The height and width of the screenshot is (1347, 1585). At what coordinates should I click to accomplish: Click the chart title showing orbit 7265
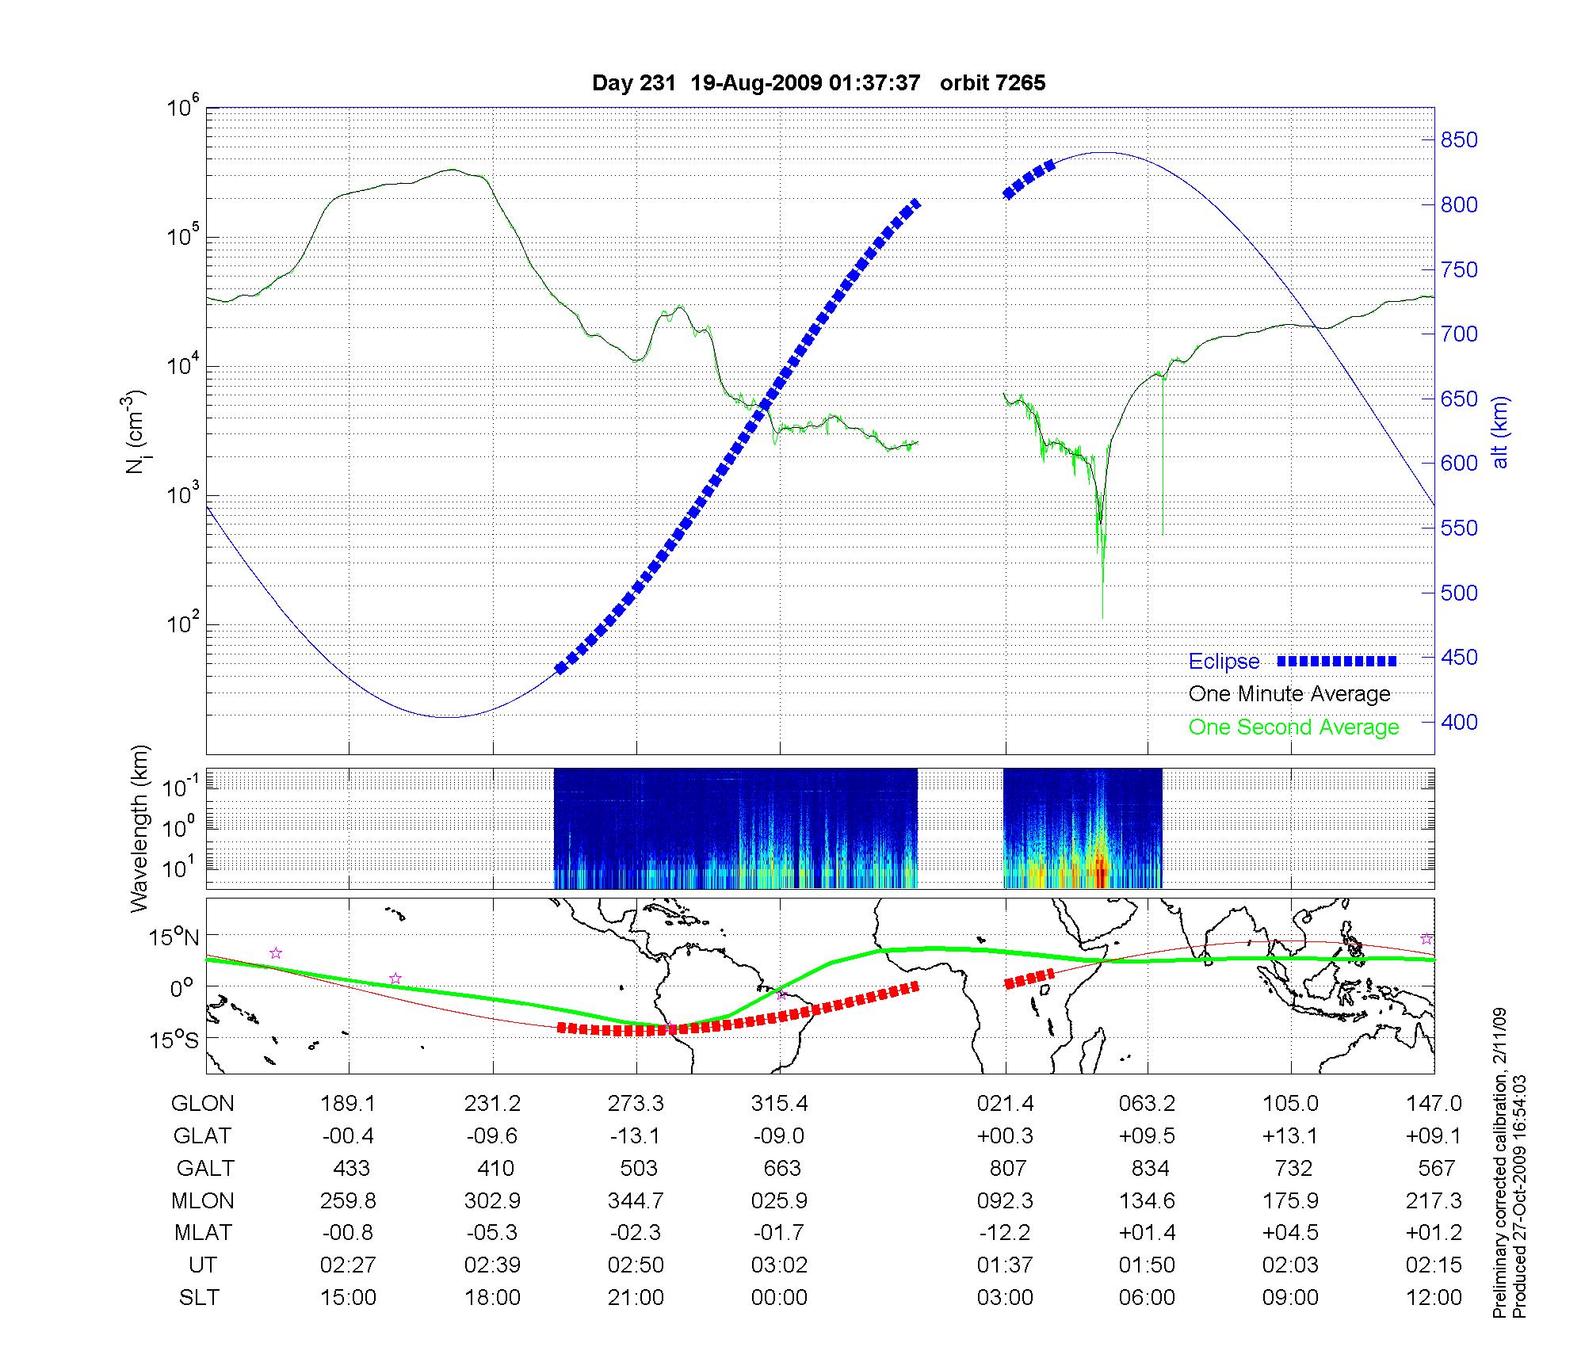(x=819, y=83)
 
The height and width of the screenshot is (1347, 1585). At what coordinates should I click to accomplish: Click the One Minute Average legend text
(x=1289, y=694)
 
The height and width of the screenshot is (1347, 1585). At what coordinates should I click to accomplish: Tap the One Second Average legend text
(x=1293, y=727)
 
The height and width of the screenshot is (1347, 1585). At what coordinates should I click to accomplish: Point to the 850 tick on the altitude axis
(x=1458, y=140)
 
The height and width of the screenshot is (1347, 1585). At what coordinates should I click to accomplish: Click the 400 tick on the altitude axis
(x=1458, y=722)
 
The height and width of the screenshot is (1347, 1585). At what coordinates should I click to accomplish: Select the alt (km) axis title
(x=1500, y=432)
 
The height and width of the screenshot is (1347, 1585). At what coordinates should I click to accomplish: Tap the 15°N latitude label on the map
(x=174, y=938)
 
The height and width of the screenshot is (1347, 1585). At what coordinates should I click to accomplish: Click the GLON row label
(x=203, y=1104)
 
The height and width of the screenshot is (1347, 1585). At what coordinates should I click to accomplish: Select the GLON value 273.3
(x=636, y=1104)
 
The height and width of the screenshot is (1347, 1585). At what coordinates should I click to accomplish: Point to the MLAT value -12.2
(x=1005, y=1234)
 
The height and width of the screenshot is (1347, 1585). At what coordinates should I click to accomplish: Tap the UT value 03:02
(x=780, y=1265)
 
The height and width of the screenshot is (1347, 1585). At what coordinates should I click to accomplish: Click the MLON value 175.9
(x=1291, y=1201)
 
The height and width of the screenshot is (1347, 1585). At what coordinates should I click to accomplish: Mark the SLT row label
(x=199, y=1298)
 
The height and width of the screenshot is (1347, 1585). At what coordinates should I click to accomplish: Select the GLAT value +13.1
(x=1291, y=1136)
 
